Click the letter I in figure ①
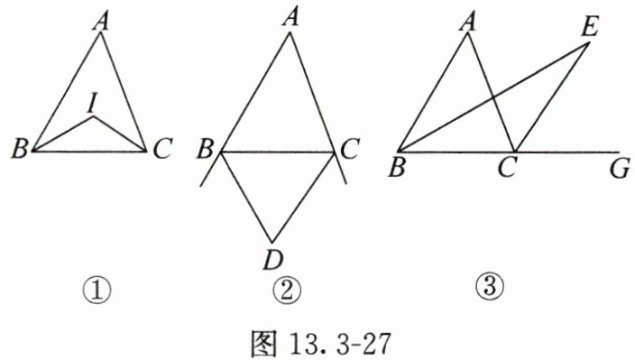point(93,104)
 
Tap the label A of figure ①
point(101,22)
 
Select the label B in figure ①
point(20,148)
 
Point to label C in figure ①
point(162,148)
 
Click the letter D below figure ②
point(273,260)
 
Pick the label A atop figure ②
point(290,18)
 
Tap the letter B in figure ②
point(205,148)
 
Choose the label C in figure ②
point(349,148)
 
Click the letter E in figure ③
point(589,28)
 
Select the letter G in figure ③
point(620,169)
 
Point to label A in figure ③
point(468,22)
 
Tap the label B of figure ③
point(397,168)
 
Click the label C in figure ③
point(507,168)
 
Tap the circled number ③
point(490,286)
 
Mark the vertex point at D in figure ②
point(272,243)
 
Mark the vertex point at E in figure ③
point(588,43)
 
